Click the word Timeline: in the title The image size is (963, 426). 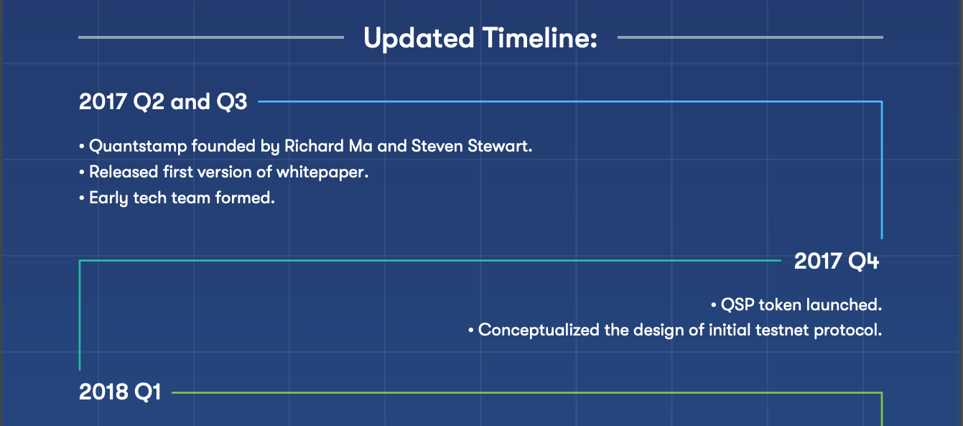(x=540, y=38)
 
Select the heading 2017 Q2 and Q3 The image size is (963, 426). (x=163, y=102)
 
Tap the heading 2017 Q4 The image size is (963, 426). (x=837, y=261)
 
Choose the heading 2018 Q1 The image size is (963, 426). (x=120, y=392)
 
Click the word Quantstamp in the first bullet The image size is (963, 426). (x=138, y=147)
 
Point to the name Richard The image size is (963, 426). (x=314, y=146)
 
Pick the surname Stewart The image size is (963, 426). (x=500, y=146)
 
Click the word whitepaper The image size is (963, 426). (x=322, y=173)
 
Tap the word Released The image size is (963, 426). (x=124, y=172)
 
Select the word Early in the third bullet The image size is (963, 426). (x=108, y=198)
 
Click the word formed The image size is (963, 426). (x=245, y=198)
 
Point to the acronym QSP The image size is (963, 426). (x=738, y=305)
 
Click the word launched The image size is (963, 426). (x=844, y=305)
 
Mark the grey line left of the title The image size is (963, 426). (x=211, y=37)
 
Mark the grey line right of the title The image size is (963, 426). (x=750, y=37)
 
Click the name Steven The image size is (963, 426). (x=437, y=146)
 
